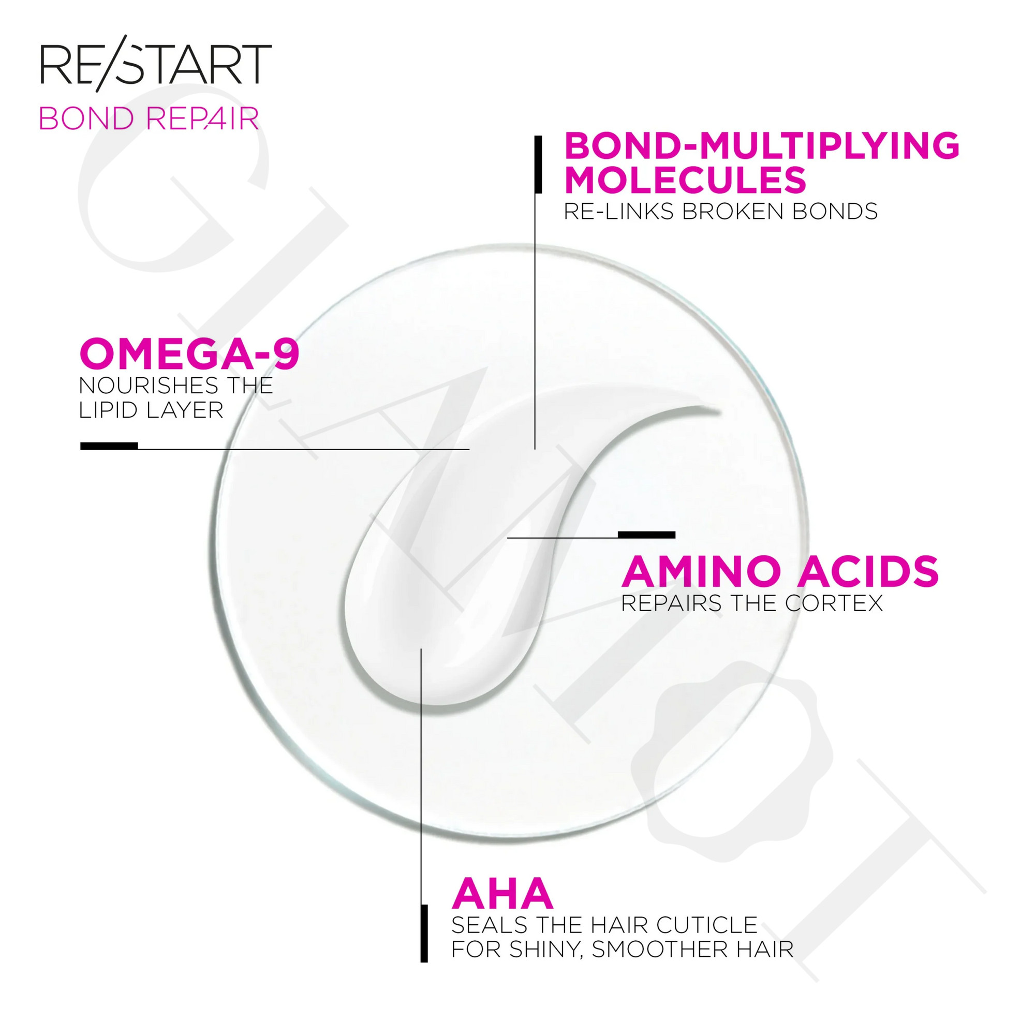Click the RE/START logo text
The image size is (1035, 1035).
(156, 61)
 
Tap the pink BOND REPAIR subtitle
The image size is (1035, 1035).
(149, 119)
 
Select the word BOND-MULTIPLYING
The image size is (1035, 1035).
(762, 146)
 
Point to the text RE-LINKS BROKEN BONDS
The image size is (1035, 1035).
(720, 212)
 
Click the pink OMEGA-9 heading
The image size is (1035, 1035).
(189, 353)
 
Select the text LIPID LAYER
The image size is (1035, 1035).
(151, 410)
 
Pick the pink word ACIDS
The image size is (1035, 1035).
(868, 572)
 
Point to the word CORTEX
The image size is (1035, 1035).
(834, 604)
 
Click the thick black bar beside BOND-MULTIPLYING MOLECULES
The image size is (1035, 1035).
(538, 164)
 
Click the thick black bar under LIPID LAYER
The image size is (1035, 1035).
(109, 446)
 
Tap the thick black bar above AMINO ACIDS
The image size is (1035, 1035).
(646, 534)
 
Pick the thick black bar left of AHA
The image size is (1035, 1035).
(424, 934)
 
